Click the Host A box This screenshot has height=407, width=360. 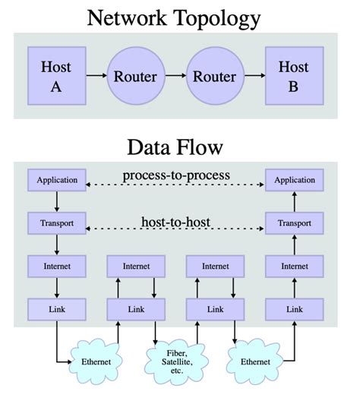point(56,76)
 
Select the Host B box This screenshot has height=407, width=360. point(293,76)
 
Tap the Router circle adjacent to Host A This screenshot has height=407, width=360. point(135,76)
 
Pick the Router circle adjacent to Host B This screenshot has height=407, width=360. point(214,76)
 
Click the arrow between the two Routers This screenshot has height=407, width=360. point(175,76)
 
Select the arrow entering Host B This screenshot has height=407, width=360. point(254,76)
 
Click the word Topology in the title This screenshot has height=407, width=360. point(214,18)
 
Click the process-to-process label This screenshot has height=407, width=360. point(176,176)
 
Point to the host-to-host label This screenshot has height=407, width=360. point(176,222)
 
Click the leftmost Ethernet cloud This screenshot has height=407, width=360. point(96,361)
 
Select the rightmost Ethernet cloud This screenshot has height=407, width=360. point(255,361)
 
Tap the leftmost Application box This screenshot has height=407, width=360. point(57,181)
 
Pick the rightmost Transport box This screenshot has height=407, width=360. point(295,224)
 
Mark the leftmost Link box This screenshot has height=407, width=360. point(57,309)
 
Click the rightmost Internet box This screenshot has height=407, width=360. point(295,266)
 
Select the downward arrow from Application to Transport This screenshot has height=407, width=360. point(57,202)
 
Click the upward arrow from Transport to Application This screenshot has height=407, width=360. point(295,202)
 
